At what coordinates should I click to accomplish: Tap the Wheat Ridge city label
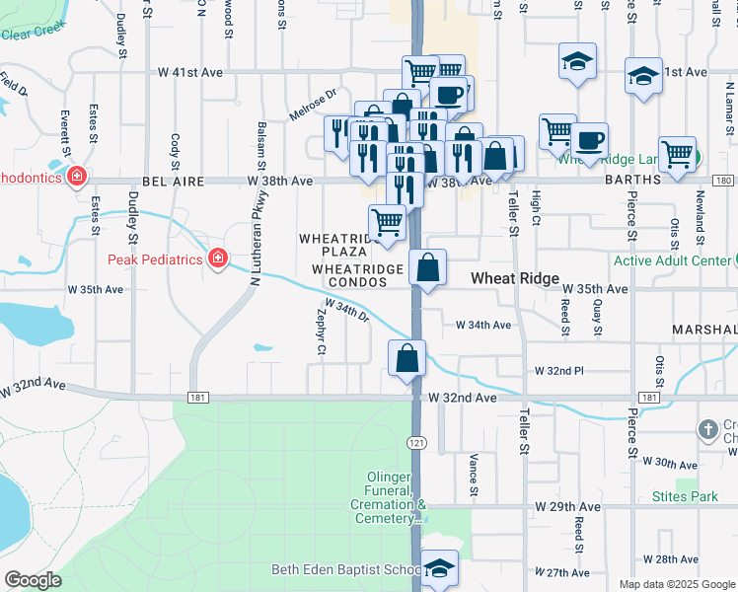515,279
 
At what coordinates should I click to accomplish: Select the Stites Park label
685,496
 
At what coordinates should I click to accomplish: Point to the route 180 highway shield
723,181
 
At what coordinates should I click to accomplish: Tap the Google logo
33,581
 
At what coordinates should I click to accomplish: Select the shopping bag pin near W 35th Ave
428,268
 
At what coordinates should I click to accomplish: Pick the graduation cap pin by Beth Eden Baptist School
440,568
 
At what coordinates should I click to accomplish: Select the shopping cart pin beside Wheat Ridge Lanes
677,155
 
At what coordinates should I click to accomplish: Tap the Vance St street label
474,475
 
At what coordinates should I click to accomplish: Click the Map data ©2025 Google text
676,584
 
